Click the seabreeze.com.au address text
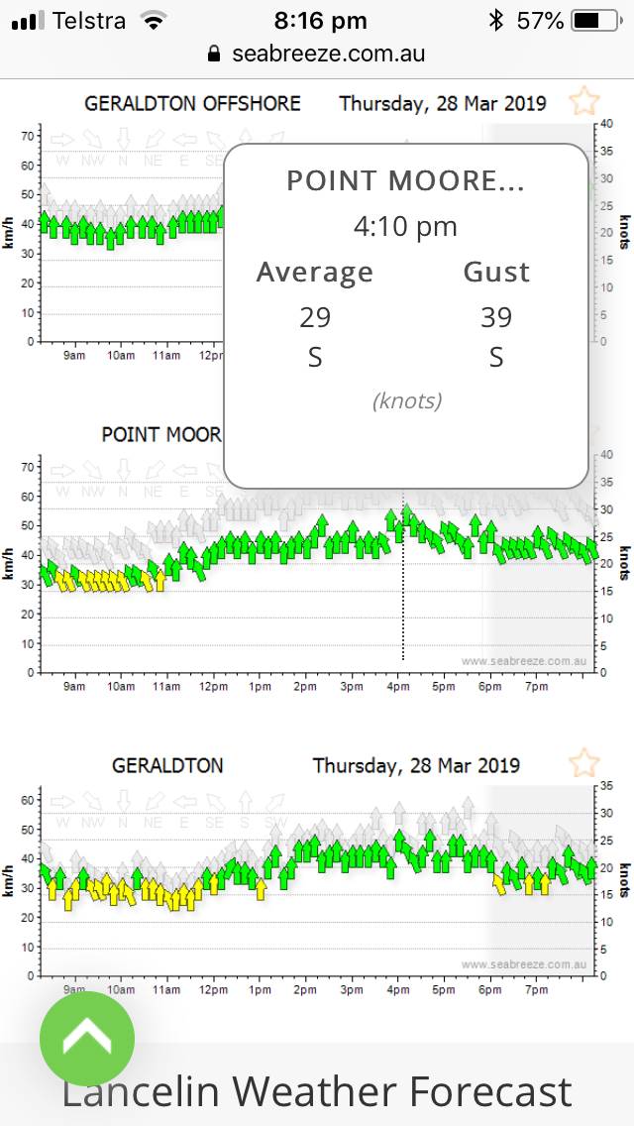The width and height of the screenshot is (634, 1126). point(328,54)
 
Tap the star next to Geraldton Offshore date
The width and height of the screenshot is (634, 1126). point(583,101)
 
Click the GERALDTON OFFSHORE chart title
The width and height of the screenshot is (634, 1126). point(192,103)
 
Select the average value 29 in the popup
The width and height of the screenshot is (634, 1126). point(315,317)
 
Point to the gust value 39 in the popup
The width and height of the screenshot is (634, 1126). point(496,317)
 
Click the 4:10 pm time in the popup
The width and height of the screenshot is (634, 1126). point(405,227)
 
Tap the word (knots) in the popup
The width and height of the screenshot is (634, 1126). point(406,401)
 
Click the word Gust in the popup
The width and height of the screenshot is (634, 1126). point(496,272)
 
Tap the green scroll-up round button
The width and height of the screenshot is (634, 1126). point(87,1039)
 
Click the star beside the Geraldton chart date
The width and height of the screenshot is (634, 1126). point(583,763)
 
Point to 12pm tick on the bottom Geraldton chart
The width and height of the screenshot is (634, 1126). point(213,989)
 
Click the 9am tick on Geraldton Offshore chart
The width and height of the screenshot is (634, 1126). point(74,355)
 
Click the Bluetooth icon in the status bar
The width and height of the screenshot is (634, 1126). point(495,20)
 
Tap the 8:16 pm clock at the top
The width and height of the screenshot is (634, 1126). point(320,20)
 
